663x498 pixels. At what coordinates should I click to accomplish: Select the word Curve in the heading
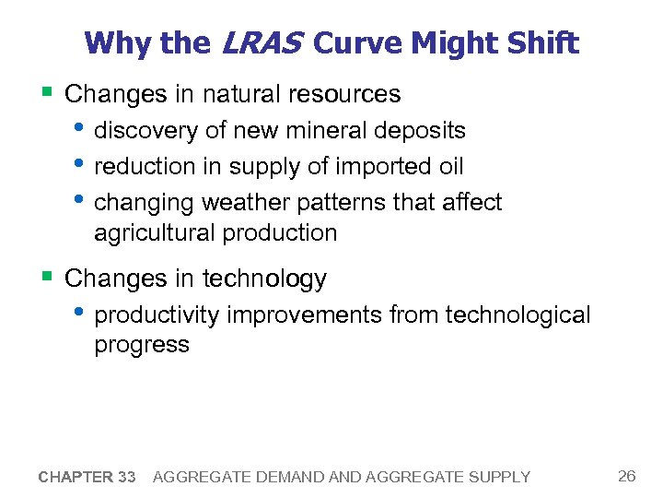(359, 42)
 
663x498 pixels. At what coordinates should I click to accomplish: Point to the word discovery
(146, 131)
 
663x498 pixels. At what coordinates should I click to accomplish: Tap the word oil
(448, 167)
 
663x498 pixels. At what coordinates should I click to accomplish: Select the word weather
(241, 202)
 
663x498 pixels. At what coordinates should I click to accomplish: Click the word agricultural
(154, 233)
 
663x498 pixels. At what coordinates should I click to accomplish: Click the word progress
(141, 345)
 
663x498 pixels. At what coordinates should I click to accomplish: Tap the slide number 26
(627, 476)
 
